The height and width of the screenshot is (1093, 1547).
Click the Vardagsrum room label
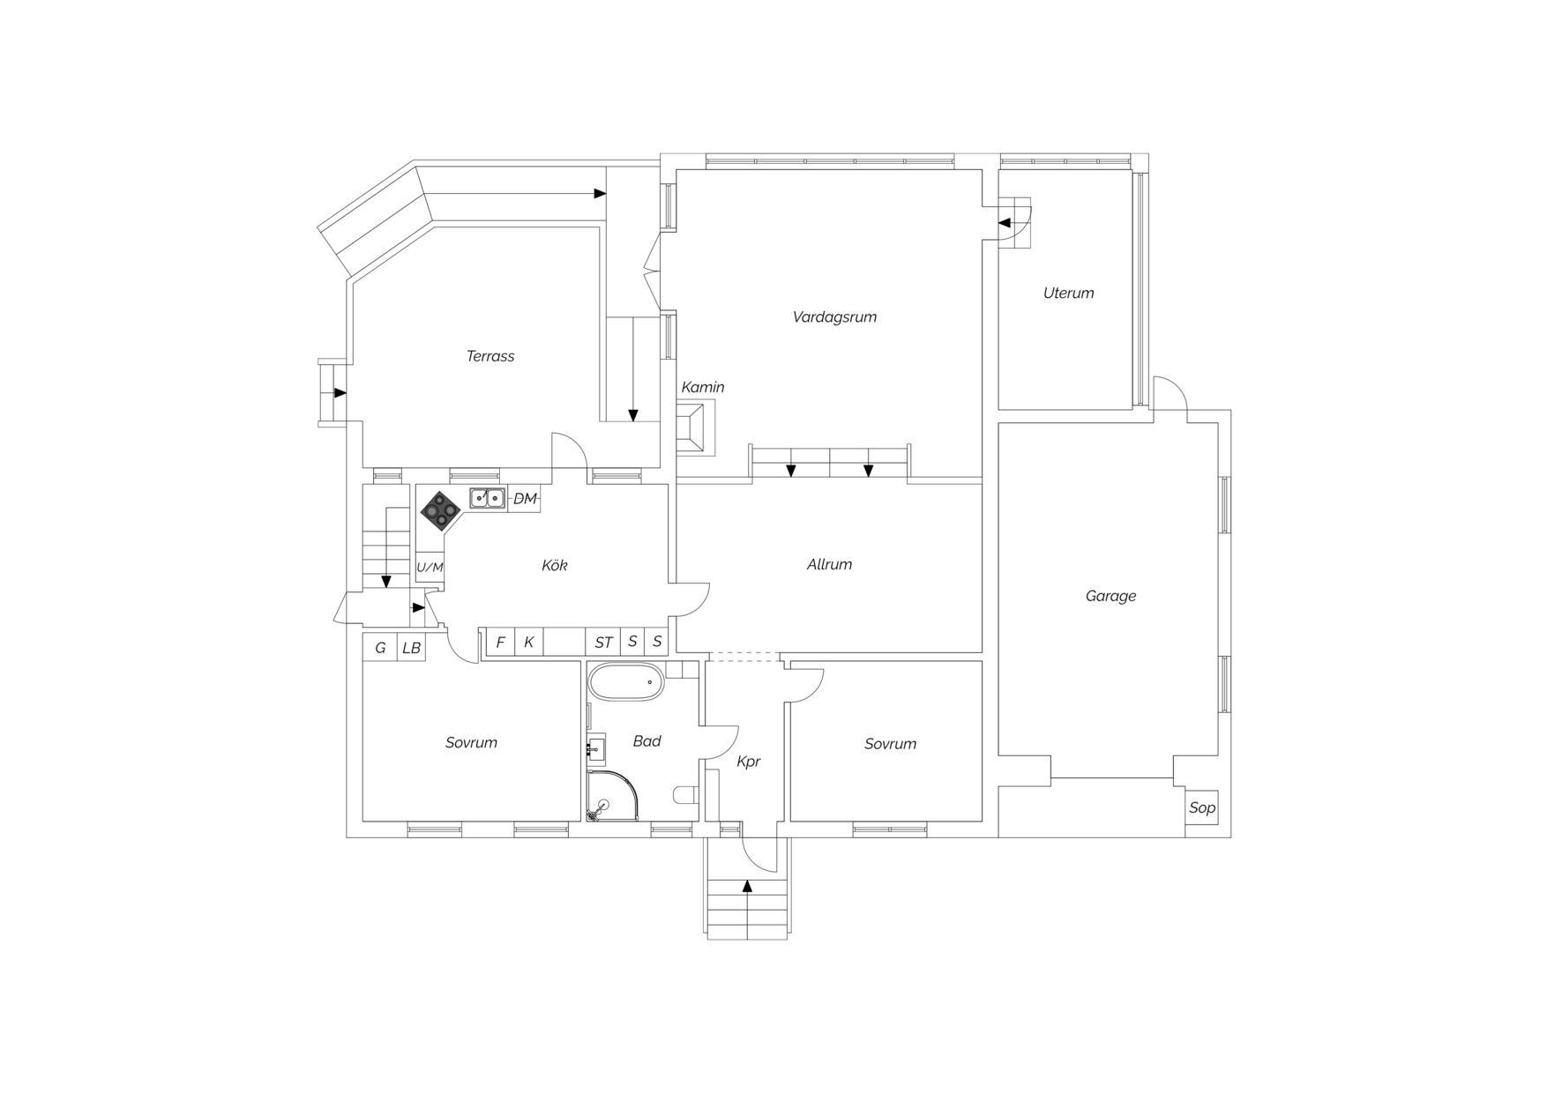click(834, 317)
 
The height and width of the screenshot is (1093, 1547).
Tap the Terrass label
click(490, 356)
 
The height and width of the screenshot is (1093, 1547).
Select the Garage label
click(1110, 597)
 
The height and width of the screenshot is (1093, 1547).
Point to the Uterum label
click(1068, 294)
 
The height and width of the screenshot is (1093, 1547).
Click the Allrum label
click(829, 564)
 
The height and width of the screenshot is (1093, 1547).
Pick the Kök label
click(554, 565)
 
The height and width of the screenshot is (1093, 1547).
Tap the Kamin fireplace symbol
click(695, 428)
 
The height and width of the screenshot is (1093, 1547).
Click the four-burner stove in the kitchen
click(440, 509)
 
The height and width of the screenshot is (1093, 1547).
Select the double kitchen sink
click(487, 498)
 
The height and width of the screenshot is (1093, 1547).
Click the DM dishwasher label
click(525, 499)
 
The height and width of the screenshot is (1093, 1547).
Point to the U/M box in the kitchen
click(430, 567)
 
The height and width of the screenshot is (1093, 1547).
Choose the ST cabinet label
click(603, 643)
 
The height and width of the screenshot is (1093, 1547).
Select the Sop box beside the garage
click(1201, 807)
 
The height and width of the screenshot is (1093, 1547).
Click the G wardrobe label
click(380, 648)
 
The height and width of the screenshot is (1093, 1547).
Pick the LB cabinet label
click(411, 648)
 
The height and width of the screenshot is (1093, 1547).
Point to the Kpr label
click(748, 762)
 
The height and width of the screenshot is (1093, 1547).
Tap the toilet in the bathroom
click(686, 795)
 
